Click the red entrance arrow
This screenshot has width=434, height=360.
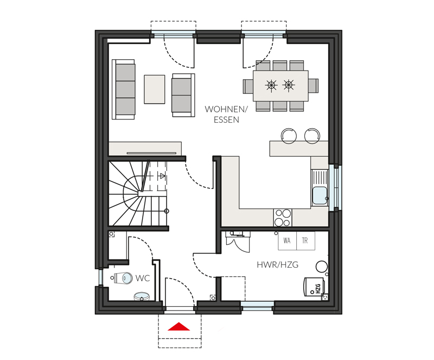[x=179, y=327]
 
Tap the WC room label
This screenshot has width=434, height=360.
[x=143, y=278]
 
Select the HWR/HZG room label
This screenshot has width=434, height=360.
[x=278, y=264]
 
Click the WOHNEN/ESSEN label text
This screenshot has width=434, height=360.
[x=226, y=114]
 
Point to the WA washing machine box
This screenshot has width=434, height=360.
[x=287, y=241]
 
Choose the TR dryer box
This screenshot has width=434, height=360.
[x=305, y=241]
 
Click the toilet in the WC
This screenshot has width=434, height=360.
[x=123, y=277]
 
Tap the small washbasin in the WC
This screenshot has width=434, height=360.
[x=142, y=296]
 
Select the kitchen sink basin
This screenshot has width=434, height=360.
[x=320, y=195]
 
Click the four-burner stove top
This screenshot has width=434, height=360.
[x=283, y=218]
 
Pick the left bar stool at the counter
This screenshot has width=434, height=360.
[x=289, y=136]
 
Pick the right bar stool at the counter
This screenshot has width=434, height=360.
[x=312, y=136]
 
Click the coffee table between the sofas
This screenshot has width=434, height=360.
[x=155, y=89]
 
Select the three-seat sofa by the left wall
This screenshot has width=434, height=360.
[x=124, y=89]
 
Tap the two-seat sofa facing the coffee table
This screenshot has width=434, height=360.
[x=183, y=95]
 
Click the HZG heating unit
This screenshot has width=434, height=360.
[x=314, y=287]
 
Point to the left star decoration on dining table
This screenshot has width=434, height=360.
[x=271, y=85]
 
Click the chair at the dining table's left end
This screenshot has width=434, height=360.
[x=248, y=86]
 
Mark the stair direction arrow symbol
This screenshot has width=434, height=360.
[x=162, y=176]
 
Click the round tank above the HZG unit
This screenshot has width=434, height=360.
[x=322, y=267]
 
